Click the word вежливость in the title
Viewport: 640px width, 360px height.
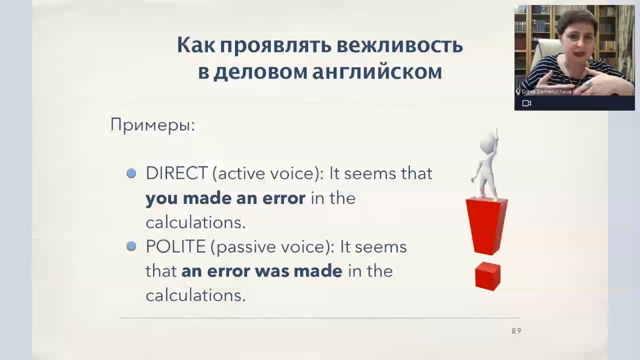pos(399,45)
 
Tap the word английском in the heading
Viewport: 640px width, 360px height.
pos(377,72)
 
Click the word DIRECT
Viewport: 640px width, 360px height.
pos(176,173)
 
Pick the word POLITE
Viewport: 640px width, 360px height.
pos(175,246)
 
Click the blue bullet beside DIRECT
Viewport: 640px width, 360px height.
pos(131,173)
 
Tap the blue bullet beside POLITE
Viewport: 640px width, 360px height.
pos(131,246)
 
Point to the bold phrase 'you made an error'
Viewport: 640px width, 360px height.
pos(225,198)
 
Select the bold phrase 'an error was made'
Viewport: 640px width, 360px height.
pos(261,271)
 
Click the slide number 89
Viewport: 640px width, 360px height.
pos(516,331)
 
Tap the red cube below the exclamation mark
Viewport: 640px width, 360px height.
pos(487,276)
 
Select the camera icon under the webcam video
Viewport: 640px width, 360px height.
pos(526,103)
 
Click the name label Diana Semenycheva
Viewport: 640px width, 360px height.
pos(546,91)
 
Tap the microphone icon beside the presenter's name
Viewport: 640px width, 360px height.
pos(518,91)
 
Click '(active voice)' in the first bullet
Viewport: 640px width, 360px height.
pos(268,173)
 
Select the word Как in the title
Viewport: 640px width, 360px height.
pos(196,45)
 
